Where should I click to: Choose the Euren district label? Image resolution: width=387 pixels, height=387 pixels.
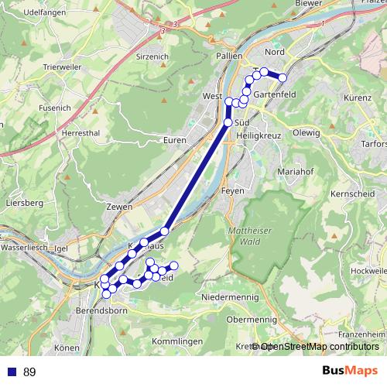176,140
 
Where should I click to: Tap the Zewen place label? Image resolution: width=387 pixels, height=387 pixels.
121,207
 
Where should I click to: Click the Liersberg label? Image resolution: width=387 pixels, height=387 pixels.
22,203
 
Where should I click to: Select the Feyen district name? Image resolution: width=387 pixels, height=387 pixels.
232,190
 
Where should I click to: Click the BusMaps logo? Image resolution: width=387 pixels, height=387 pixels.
350,372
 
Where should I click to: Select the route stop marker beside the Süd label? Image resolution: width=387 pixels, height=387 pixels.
228,122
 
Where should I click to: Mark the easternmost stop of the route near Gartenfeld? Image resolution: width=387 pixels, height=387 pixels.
283,77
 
